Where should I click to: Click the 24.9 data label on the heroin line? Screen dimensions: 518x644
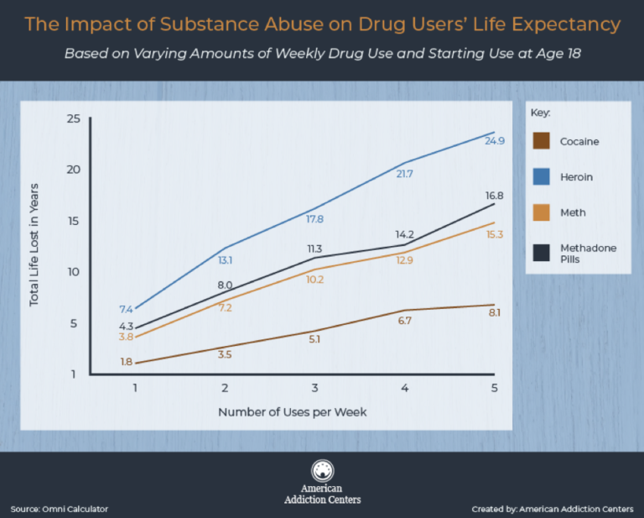[495, 141]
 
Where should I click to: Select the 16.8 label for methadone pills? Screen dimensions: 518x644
[495, 196]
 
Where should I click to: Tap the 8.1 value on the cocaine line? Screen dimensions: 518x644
[494, 313]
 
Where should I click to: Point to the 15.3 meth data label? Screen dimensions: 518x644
[494, 234]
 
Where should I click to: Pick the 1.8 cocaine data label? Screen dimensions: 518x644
[126, 362]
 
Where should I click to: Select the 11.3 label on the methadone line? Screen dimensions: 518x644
[315, 249]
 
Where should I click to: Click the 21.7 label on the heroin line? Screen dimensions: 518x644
[405, 174]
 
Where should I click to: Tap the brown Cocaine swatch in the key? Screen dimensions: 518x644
[541, 141]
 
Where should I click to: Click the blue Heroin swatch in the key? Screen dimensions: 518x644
[541, 177]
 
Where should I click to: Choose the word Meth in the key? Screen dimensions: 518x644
[572, 213]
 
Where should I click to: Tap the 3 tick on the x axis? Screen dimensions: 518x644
[315, 389]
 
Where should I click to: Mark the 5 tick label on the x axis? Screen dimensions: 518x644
[494, 389]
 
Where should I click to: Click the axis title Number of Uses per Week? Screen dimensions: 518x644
[293, 412]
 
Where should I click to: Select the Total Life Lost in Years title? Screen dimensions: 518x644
[34, 244]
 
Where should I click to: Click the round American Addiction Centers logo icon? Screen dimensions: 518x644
[322, 471]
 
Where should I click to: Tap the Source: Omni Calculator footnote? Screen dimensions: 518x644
[60, 509]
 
